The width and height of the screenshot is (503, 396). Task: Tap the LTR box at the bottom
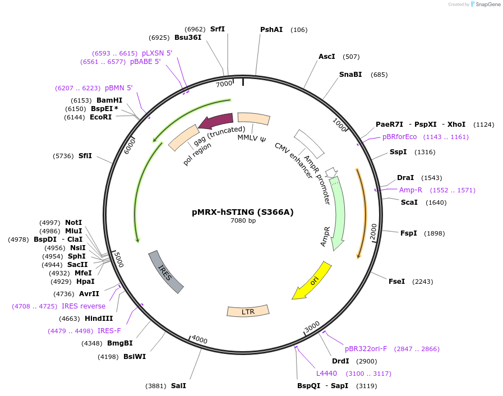pos(248,311)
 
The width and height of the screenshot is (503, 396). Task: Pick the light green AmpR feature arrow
pos(338,213)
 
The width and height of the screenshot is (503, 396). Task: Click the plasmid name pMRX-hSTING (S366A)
pos(243,212)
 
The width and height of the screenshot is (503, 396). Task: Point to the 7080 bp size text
pos(243,220)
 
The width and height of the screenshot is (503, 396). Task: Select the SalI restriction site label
pos(178,386)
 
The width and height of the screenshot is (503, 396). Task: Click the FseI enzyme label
pos(396,282)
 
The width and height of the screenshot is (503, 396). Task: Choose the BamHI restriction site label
pos(109,100)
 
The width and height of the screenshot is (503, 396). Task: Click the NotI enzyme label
pos(73,223)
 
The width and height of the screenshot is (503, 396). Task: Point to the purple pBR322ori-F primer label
pos(370,349)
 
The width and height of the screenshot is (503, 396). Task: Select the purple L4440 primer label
pos(326,373)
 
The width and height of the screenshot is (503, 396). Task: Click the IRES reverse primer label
pos(84,306)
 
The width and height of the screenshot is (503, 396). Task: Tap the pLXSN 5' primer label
pos(157,53)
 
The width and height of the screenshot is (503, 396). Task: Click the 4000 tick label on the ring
pos(199,340)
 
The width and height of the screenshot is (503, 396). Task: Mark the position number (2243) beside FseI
pos(423,282)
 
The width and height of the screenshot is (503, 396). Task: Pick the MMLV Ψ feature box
pos(253,118)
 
